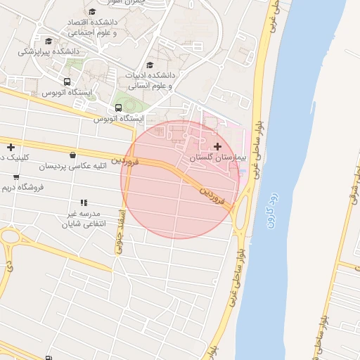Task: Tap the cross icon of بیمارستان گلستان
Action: (x=217, y=146)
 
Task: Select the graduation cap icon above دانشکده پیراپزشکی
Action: (x=49, y=41)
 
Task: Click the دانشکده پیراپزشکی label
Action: (x=49, y=51)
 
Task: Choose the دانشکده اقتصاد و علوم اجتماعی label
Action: (x=91, y=27)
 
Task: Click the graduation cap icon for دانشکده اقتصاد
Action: (x=92, y=11)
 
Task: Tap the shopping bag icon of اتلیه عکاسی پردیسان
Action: (x=73, y=155)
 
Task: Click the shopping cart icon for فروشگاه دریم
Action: (x=16, y=176)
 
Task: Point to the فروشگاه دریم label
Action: (x=22, y=188)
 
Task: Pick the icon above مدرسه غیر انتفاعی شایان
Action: (x=84, y=202)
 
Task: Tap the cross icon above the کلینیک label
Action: (x=11, y=147)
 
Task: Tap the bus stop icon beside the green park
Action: (x=117, y=108)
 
